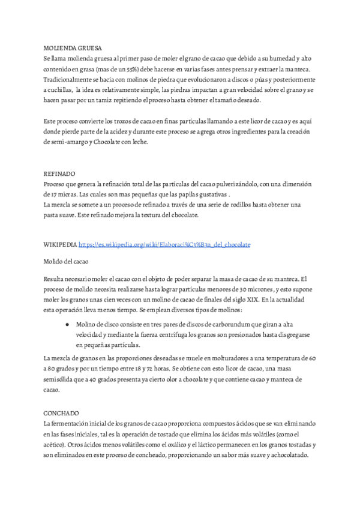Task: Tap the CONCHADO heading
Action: point(61,414)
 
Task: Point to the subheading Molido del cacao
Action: point(65,262)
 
